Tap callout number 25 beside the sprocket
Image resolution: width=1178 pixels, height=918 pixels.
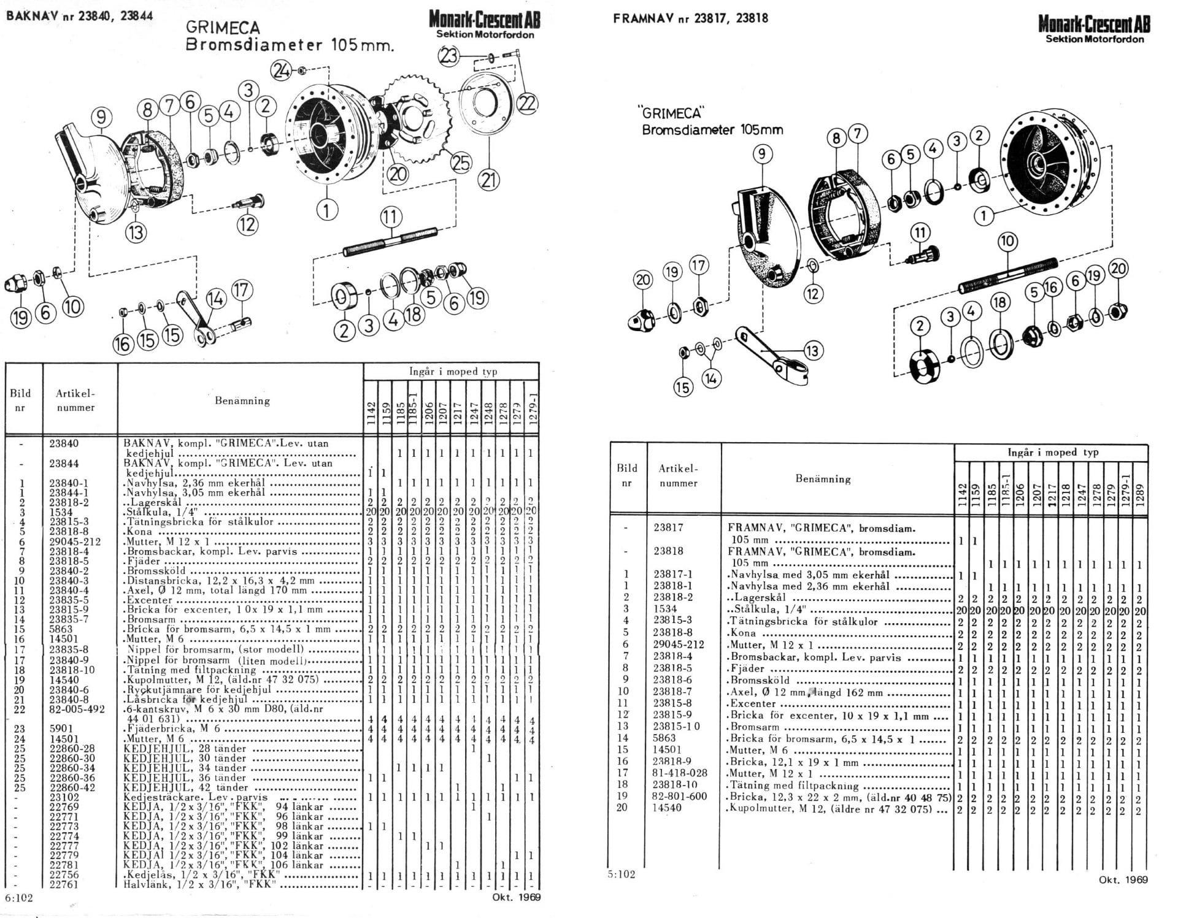pyautogui.click(x=460, y=162)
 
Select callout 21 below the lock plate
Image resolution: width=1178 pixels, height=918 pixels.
pyautogui.click(x=489, y=180)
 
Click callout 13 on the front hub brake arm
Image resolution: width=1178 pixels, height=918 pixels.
pyautogui.click(x=812, y=351)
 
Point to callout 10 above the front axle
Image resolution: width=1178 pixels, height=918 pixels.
pyautogui.click(x=1007, y=240)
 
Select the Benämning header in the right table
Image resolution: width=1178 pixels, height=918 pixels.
pyautogui.click(x=823, y=478)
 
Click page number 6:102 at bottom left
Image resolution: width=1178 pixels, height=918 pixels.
pyautogui.click(x=18, y=898)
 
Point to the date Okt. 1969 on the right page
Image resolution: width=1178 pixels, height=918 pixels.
pyautogui.click(x=1122, y=879)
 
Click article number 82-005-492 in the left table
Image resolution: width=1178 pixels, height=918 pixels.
pyautogui.click(x=77, y=709)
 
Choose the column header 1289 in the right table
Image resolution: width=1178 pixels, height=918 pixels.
pyautogui.click(x=1139, y=493)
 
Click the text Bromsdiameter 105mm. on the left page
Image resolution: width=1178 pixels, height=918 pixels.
pyautogui.click(x=289, y=45)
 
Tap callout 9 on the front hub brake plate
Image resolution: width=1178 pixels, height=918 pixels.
pyautogui.click(x=762, y=153)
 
